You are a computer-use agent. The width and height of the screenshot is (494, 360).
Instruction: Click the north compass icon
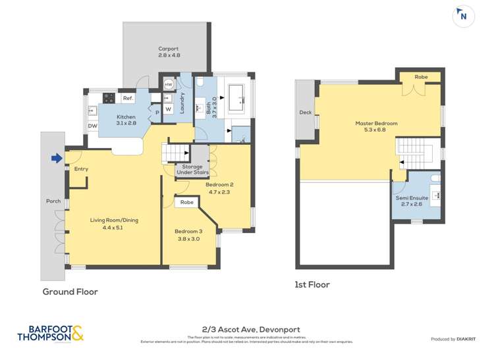click(464, 16)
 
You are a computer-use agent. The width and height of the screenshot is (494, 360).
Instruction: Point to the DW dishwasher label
click(92, 126)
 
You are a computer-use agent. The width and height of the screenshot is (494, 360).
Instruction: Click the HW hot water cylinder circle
click(169, 85)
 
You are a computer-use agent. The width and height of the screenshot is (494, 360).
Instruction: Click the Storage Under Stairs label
click(192, 170)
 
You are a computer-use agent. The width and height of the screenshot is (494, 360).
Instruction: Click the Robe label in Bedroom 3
click(187, 202)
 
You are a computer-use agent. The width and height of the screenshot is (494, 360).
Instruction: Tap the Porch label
click(53, 201)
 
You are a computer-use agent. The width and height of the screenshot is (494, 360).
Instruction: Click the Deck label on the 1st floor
click(305, 112)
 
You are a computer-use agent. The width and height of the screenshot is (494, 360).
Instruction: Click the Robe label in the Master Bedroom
click(420, 77)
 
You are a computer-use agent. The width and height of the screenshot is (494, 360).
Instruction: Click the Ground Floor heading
click(70, 292)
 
